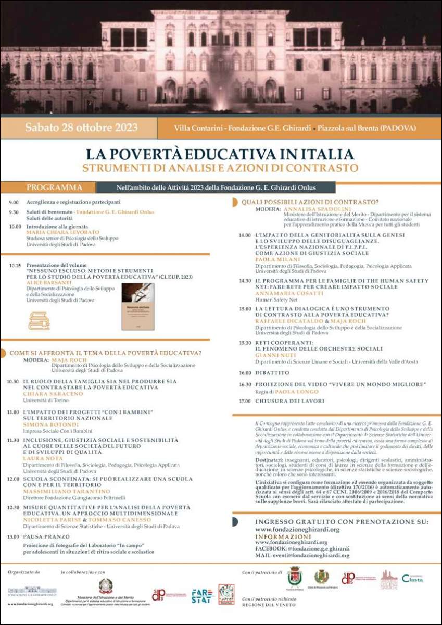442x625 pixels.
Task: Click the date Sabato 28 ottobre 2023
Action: [x=78, y=128]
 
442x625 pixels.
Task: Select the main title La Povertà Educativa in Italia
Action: [x=220, y=154]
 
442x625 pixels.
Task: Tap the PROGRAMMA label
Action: [x=54, y=187]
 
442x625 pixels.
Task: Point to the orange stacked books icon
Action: [x=39, y=321]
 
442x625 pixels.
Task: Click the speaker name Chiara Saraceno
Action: [x=53, y=394]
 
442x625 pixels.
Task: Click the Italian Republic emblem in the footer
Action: [x=106, y=585]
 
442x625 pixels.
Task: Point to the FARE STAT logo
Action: [x=201, y=595]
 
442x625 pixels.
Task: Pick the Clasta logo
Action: [x=412, y=579]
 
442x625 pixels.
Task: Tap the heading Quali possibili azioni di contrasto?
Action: [x=310, y=202]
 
